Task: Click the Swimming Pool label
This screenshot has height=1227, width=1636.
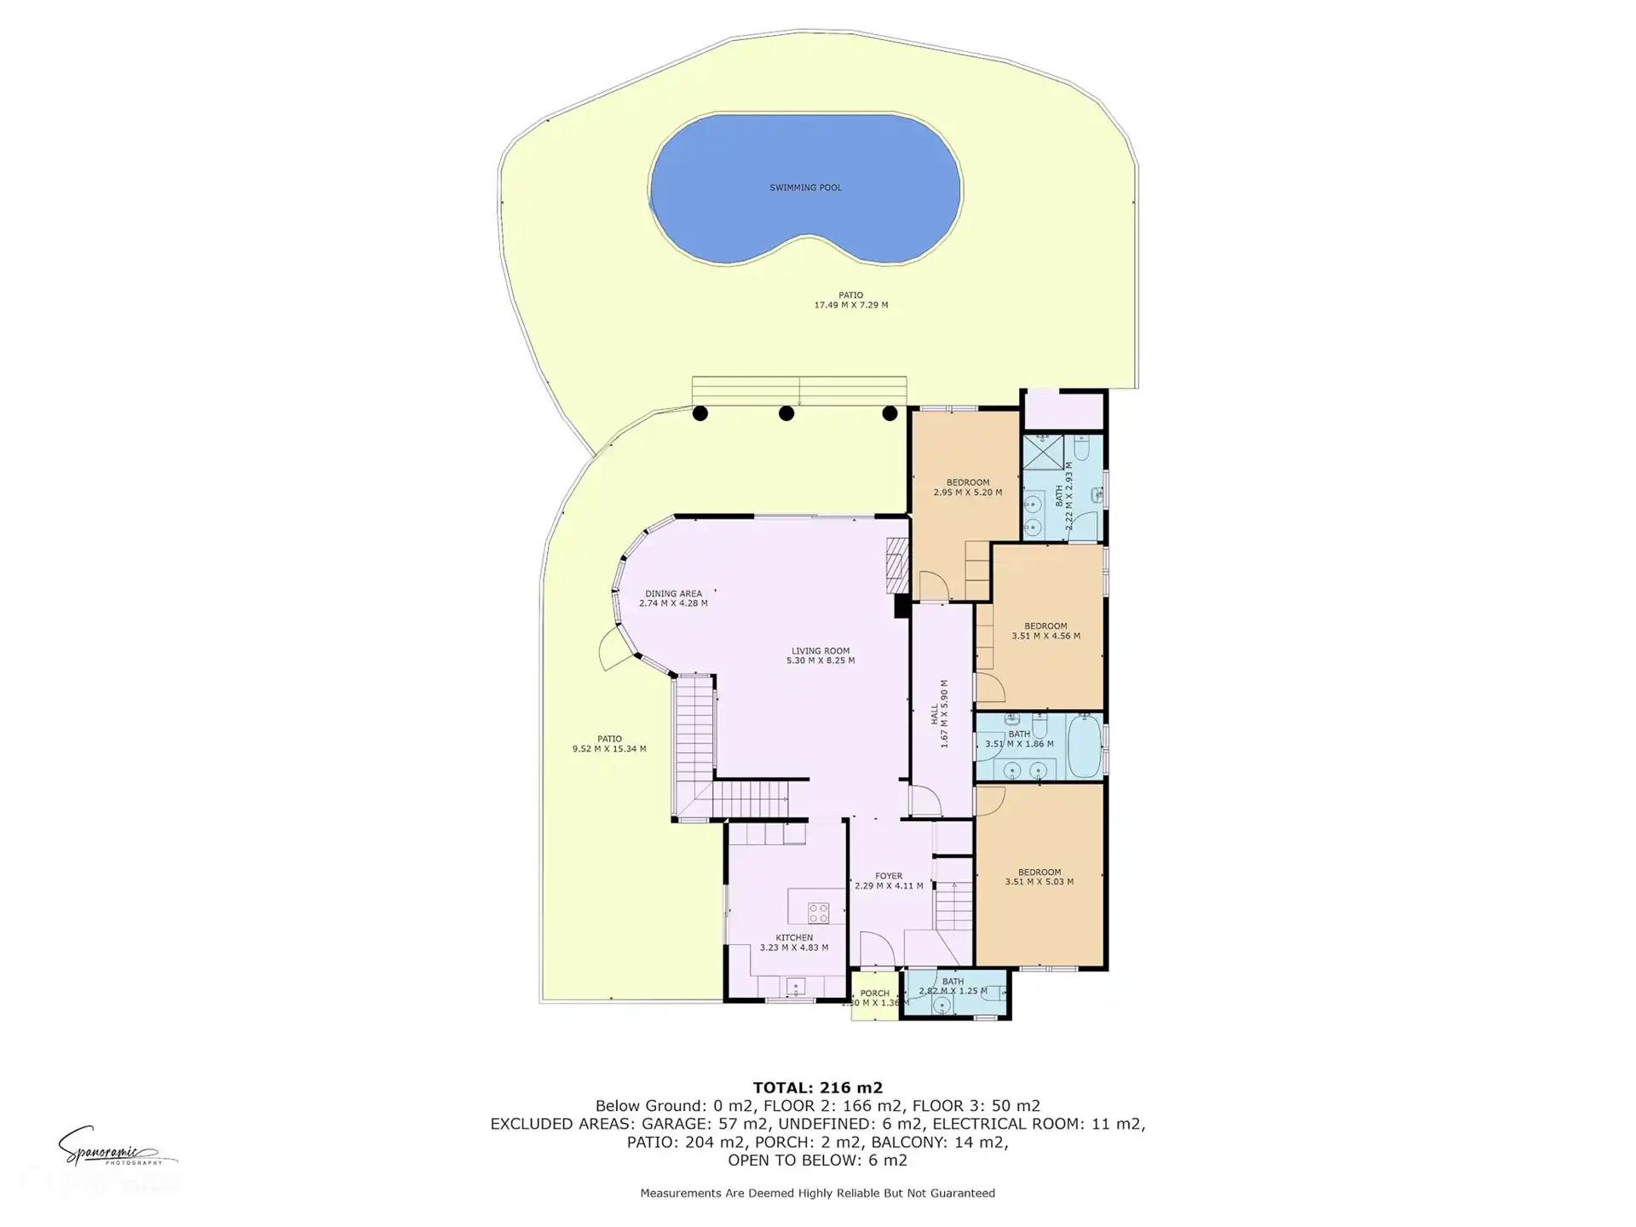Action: coord(805,187)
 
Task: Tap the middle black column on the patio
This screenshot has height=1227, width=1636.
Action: coord(786,413)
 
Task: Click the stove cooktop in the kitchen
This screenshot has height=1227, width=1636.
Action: coord(819,913)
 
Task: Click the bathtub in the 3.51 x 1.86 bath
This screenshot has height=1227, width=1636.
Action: coord(1085,746)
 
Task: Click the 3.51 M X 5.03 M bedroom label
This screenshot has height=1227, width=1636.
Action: coord(1039,877)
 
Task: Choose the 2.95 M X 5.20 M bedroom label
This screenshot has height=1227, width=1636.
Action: coord(967,487)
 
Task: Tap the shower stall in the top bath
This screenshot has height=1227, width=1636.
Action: coord(1043,452)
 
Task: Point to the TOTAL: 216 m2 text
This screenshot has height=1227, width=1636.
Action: coord(817,1087)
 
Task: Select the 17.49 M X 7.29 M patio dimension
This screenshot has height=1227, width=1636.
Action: coord(850,305)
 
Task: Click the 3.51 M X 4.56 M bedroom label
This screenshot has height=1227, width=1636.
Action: coord(1046,631)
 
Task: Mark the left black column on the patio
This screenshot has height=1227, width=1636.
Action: coord(700,413)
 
